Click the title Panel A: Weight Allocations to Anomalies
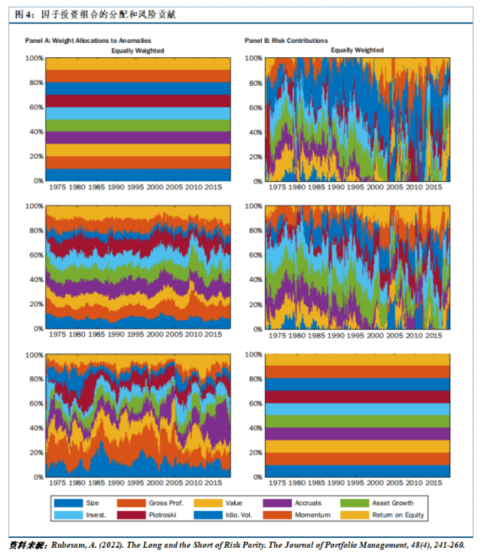[87, 41]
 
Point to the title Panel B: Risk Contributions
[286, 41]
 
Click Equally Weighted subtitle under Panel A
[138, 50]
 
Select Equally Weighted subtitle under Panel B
[358, 50]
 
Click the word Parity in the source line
[243, 543]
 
